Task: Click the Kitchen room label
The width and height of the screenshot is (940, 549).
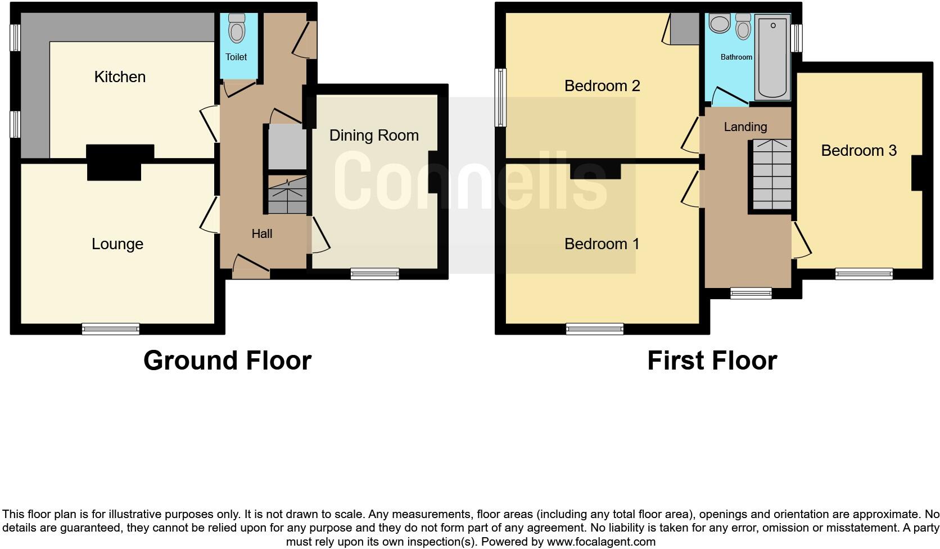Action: click(x=120, y=77)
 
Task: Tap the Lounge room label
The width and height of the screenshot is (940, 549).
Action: click(x=117, y=244)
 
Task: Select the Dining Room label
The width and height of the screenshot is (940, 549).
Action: click(x=374, y=136)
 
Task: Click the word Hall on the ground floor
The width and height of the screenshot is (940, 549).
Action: click(x=262, y=234)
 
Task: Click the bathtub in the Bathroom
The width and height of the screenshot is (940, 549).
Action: click(x=773, y=57)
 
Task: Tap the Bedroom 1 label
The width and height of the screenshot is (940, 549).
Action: click(x=602, y=244)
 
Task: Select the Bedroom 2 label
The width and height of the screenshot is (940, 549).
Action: click(x=602, y=86)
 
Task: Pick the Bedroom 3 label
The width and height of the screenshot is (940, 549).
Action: click(x=858, y=151)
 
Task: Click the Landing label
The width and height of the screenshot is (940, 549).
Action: click(x=745, y=127)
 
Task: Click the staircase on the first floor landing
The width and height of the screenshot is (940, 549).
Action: click(x=771, y=175)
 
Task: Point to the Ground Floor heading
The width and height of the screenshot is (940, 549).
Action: click(x=227, y=361)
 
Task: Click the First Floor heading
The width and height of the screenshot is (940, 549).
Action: click(x=712, y=361)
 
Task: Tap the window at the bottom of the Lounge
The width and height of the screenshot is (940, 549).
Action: click(x=111, y=329)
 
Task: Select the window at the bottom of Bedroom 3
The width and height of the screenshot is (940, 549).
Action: click(x=864, y=274)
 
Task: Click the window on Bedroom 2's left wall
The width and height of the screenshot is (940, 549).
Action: click(x=500, y=97)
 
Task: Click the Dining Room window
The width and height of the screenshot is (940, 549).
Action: click(x=375, y=274)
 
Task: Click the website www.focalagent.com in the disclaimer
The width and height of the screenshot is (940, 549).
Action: click(x=601, y=542)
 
